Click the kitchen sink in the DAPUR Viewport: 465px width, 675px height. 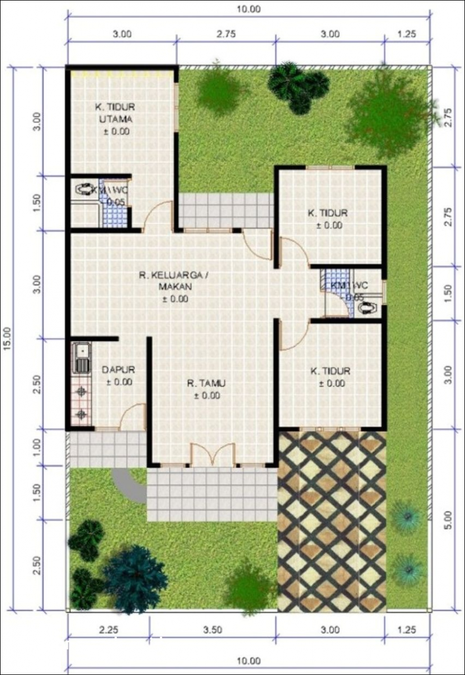[81, 358]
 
